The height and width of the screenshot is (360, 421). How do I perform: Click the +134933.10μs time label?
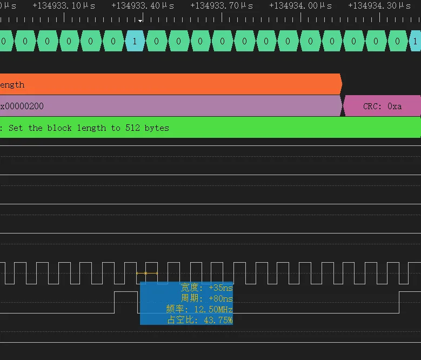click(x=64, y=5)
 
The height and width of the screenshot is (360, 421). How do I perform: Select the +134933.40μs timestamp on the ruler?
click(x=143, y=5)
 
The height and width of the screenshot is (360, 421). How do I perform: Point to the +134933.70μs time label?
click(x=222, y=5)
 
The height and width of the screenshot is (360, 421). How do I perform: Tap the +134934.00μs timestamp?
click(x=300, y=5)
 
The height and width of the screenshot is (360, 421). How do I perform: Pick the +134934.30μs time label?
click(x=379, y=5)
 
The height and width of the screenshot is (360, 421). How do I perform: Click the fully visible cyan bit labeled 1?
click(x=135, y=41)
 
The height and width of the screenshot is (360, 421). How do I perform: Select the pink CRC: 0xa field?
click(x=382, y=106)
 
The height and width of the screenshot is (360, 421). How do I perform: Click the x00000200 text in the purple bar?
click(x=22, y=106)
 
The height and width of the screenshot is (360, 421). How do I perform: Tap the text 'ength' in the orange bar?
click(x=12, y=84)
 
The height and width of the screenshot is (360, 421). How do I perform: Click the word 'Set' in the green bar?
click(x=16, y=128)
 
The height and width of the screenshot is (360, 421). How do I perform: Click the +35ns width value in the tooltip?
click(x=220, y=288)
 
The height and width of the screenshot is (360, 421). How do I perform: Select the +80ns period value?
click(x=220, y=298)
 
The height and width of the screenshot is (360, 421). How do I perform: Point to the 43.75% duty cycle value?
click(x=218, y=320)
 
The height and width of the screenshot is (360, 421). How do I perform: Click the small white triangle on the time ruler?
click(x=141, y=21)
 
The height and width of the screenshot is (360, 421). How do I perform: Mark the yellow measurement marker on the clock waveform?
click(x=146, y=274)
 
